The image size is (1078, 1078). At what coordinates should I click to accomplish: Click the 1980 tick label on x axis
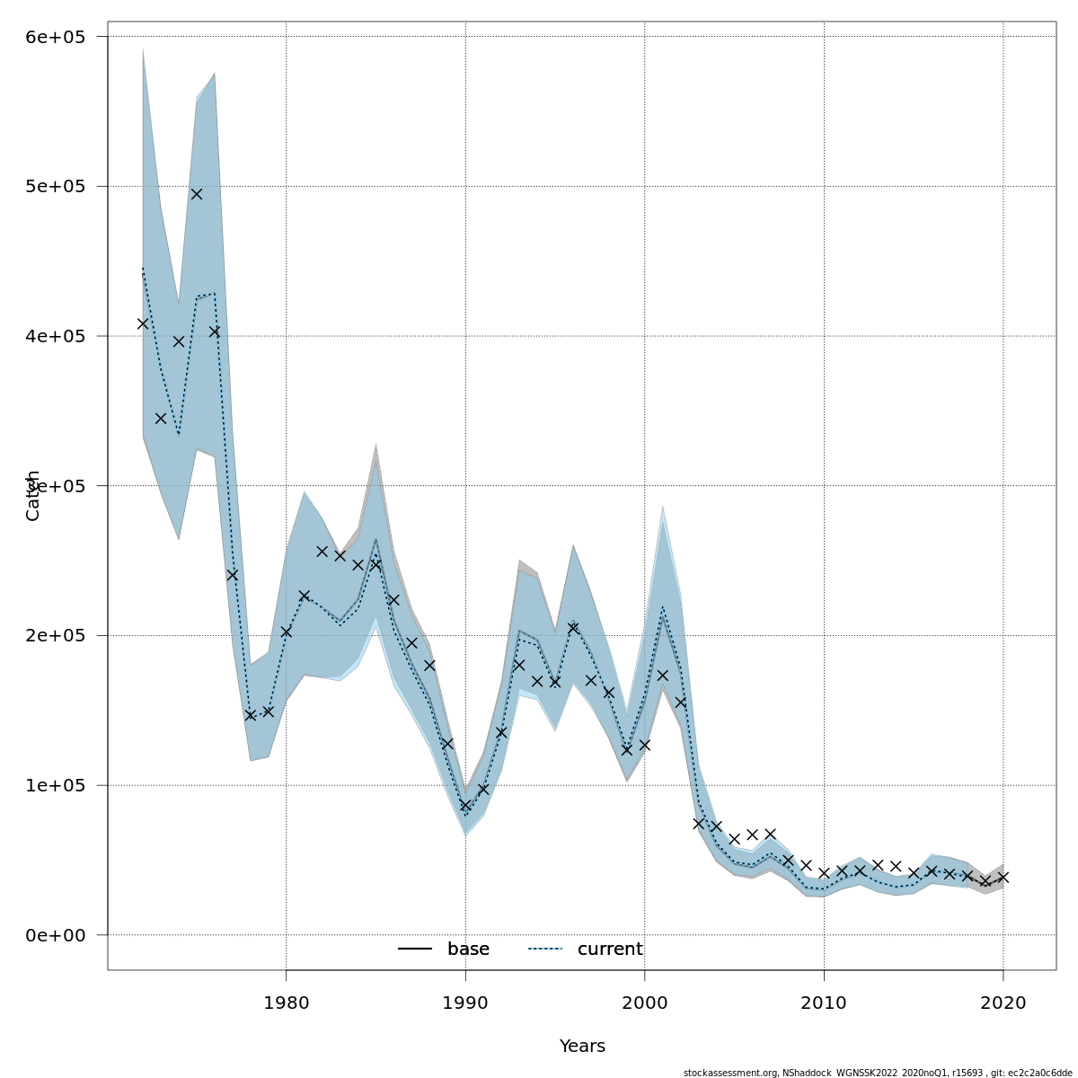tap(286, 1002)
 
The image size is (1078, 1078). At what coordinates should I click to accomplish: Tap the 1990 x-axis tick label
tap(465, 1002)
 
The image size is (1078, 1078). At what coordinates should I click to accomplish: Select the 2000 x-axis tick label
tap(644, 1002)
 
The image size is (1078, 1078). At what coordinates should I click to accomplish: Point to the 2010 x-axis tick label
tap(824, 1002)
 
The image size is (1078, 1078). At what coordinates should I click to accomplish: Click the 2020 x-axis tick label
tap(1003, 1002)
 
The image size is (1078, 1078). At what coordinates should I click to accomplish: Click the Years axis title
tap(582, 1047)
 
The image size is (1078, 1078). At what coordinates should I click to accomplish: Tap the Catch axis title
tap(33, 495)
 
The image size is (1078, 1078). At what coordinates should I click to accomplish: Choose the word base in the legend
tap(468, 950)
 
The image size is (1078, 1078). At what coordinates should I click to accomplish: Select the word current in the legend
tap(610, 950)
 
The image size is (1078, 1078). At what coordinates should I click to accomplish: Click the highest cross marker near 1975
tap(197, 194)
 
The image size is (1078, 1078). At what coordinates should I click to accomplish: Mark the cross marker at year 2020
tap(1003, 877)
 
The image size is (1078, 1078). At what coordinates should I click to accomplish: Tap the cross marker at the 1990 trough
tap(465, 806)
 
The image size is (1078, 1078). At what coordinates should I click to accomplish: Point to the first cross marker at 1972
tap(143, 323)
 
